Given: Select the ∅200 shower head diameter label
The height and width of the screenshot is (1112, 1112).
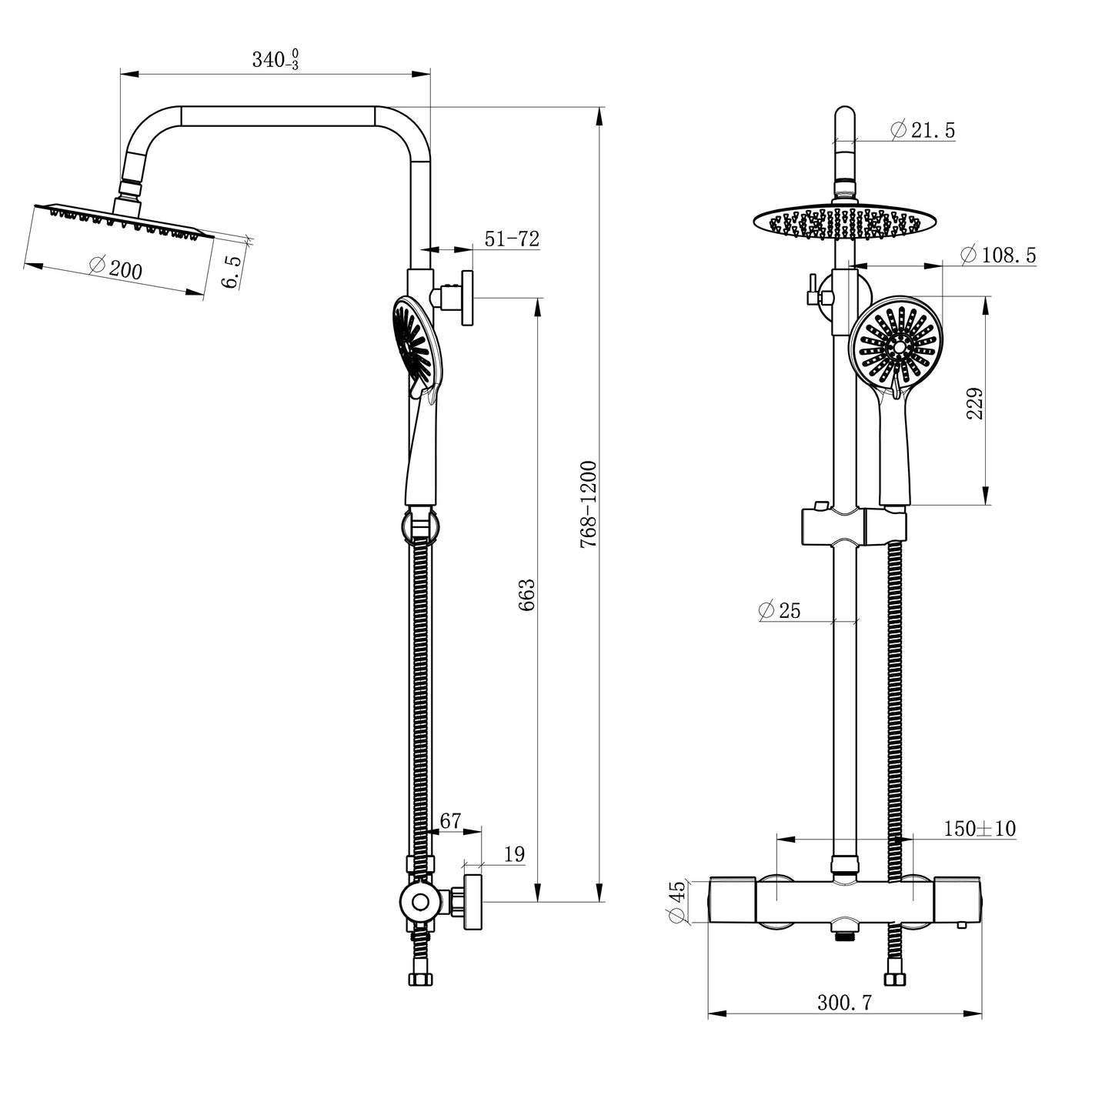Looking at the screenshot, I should click(x=115, y=268).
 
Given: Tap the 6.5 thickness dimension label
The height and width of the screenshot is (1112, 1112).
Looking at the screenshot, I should click(x=231, y=272).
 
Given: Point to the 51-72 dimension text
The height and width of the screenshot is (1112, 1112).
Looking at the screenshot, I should click(x=511, y=239).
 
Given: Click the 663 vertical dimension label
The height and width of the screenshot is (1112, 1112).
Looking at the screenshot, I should click(x=526, y=594).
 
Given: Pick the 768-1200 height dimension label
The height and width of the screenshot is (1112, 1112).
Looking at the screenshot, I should click(x=589, y=504).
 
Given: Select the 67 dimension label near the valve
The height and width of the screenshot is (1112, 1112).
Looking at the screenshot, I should click(x=450, y=821).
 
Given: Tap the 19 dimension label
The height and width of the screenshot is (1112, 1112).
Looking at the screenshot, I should click(x=514, y=854).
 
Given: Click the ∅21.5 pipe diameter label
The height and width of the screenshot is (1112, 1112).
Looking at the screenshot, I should click(x=922, y=131).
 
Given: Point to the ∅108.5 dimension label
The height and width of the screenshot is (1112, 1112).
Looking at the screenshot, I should click(x=998, y=255).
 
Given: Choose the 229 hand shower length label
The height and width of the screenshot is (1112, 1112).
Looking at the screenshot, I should click(x=974, y=403).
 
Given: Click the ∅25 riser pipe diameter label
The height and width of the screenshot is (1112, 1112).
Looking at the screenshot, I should click(x=779, y=611).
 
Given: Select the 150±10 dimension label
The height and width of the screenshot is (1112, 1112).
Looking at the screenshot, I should click(x=979, y=829).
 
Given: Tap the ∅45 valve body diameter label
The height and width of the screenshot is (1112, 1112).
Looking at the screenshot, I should click(x=676, y=901).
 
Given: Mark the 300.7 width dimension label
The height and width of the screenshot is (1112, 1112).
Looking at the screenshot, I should click(x=844, y=1003).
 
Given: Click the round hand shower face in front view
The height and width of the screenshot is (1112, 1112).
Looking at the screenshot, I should click(x=897, y=347).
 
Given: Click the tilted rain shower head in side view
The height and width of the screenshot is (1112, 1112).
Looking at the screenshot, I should click(x=123, y=219).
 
